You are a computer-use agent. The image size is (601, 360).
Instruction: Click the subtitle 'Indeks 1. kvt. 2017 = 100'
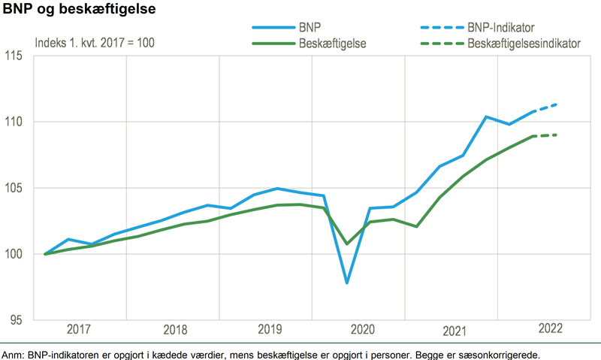pyautogui.click(x=95, y=42)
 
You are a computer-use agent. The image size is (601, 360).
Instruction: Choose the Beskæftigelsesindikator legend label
pyautogui.click(x=524, y=44)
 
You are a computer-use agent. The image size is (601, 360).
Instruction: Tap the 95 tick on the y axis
pyautogui.click(x=17, y=320)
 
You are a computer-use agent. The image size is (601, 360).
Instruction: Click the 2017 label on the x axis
pyautogui.click(x=80, y=329)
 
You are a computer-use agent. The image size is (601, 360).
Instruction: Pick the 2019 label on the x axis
pyautogui.click(x=267, y=329)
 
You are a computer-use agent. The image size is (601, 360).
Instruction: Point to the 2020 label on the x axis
pyautogui.click(x=360, y=329)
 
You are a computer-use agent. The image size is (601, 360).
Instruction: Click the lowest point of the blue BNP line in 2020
pyautogui.click(x=347, y=283)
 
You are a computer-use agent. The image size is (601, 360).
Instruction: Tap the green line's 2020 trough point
pyautogui.click(x=347, y=244)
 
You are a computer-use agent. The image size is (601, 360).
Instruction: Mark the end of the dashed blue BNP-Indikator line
pyautogui.click(x=556, y=104)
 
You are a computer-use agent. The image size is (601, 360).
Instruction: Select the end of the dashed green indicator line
pyautogui.click(x=556, y=135)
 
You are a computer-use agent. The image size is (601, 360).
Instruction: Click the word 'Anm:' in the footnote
pyautogui.click(x=14, y=354)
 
